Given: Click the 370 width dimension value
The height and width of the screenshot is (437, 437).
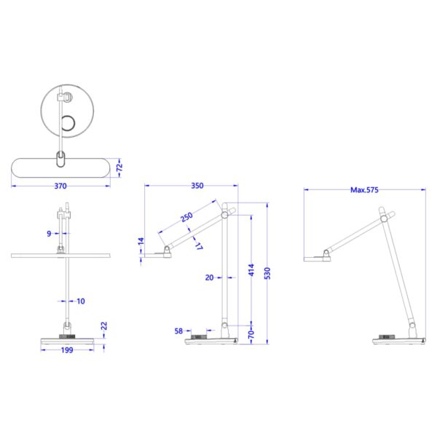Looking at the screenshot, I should point(61,186).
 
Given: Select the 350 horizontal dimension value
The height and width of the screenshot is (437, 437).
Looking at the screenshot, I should point(197,186).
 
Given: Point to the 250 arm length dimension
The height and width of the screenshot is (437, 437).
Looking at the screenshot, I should point(186,218).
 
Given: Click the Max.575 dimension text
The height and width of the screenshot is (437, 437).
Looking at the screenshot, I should point(365,190).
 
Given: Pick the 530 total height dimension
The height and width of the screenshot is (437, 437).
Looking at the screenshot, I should point(268,272).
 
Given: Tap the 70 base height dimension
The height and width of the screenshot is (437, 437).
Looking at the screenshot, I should point(251,331).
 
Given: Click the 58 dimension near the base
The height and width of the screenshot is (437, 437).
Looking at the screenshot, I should point(179,331).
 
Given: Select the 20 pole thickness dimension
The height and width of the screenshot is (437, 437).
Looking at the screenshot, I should point(210,277).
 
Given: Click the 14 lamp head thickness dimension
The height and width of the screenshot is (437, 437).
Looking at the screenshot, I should point(141,241).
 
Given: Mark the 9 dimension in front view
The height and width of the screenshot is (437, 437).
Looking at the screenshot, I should point(47,233).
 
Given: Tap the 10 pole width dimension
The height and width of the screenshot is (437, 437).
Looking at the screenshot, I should point(80,300).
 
